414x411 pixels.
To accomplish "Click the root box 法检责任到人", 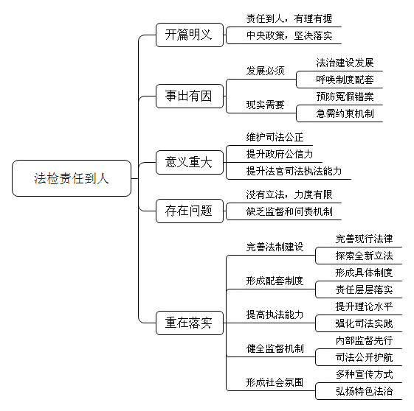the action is pos(72,178).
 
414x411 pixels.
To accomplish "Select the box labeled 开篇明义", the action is pos(190,35).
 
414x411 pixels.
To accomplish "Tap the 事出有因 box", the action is pos(190,96).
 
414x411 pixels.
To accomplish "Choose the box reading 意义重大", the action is pos(190,162).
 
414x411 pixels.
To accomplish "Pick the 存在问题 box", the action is pos(190,211).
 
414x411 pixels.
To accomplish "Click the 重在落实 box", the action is pos(190,323).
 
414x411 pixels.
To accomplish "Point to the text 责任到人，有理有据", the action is pos(289,18).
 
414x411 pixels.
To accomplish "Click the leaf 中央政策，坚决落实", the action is pos(289,35).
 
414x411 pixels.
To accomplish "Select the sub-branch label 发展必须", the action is pos(265,71).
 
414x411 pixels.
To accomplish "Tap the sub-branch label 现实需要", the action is pos(265,105).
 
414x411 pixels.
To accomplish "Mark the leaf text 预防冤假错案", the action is pos(345,96).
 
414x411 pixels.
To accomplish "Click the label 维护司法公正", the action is pos(275,137).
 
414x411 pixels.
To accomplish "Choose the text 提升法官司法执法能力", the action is pos(294,171).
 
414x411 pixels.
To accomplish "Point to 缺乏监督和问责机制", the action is pos(289,211).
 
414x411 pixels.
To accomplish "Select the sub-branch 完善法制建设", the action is pos(275,247).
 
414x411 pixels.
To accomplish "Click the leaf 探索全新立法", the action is pos(364,256).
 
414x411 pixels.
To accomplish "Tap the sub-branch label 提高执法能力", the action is pos(275,315).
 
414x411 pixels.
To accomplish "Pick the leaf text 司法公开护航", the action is pos(364,357).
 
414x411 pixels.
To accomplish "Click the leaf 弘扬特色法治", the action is pos(364,391).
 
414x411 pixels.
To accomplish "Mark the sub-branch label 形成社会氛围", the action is pos(275,382).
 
